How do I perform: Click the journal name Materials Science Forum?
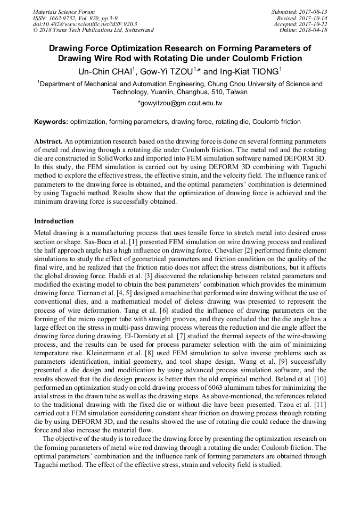pos(64,11)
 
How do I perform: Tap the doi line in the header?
pos(85,24)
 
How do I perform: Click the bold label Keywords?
pos(51,122)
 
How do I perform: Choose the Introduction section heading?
pos(54,221)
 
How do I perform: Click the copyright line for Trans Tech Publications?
pos(93,30)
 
